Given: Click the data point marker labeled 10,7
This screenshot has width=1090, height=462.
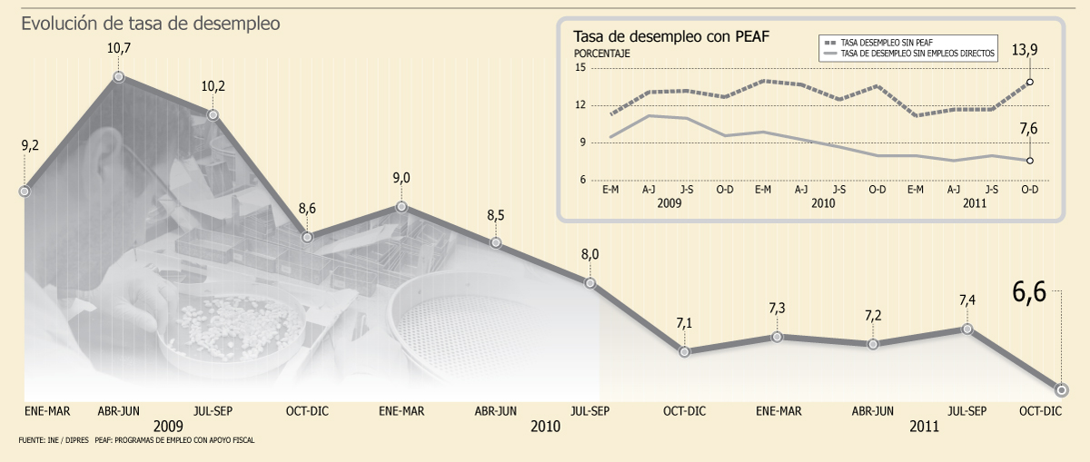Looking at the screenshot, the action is (x=119, y=76).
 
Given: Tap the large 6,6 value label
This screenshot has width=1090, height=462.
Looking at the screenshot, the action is (x=1029, y=292).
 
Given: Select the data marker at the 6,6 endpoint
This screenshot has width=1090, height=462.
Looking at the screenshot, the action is (x=1062, y=389).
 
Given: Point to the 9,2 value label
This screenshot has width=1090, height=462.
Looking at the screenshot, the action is (x=30, y=145).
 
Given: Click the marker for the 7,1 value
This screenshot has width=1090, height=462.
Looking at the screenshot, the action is (x=684, y=351).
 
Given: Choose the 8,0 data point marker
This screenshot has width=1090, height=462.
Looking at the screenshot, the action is (x=590, y=282).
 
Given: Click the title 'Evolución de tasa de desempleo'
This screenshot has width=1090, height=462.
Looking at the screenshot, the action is (x=151, y=24).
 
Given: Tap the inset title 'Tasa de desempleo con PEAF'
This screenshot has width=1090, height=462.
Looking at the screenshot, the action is (x=671, y=36).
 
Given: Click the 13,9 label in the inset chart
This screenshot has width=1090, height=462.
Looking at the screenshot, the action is (x=1025, y=50).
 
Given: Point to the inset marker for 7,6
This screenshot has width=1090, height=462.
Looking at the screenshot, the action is (x=1030, y=161).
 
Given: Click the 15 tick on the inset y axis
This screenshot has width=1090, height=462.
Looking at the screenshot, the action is (x=580, y=67).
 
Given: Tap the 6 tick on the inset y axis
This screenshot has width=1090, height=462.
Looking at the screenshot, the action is (x=582, y=180).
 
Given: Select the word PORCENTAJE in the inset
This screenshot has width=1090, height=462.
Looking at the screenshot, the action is (x=601, y=54).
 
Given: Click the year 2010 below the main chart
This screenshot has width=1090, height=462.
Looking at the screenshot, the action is (x=545, y=427).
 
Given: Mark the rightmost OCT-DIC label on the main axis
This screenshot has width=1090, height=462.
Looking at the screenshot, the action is (x=1040, y=411).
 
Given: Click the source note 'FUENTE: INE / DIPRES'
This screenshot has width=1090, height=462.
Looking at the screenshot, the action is (x=54, y=440).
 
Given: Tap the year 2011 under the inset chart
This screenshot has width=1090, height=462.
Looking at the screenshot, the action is (x=974, y=202).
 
